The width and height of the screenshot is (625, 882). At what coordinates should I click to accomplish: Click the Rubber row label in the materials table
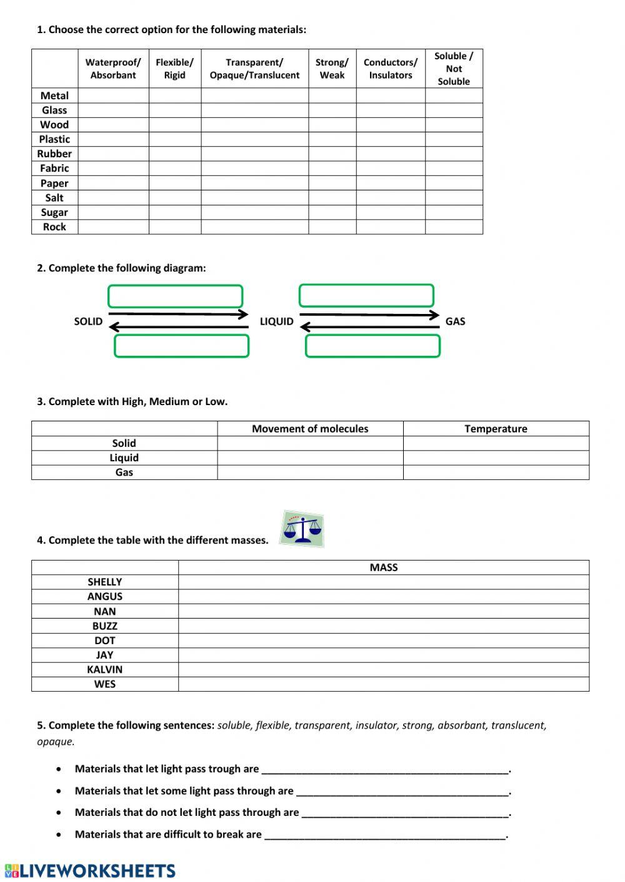tap(54, 154)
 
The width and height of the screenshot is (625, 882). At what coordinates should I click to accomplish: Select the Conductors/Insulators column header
tap(391, 69)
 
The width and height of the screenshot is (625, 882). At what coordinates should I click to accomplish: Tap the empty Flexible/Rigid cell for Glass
tap(174, 110)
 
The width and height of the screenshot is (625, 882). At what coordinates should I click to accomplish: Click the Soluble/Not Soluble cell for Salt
tap(454, 198)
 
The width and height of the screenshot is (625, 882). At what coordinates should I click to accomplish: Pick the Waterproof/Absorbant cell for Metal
tap(113, 96)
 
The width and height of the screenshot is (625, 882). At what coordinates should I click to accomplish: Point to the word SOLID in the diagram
tap(88, 321)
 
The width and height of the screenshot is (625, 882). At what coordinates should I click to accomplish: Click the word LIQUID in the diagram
tap(276, 321)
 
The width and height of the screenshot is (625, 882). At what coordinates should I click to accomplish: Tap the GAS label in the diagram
tap(455, 321)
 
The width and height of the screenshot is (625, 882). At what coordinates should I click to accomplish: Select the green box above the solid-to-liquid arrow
tap(175, 296)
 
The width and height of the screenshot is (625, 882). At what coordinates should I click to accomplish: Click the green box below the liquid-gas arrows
tap(372, 346)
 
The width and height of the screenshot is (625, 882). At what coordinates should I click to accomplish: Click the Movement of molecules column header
tap(310, 429)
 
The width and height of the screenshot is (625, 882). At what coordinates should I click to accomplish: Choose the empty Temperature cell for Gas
tap(496, 473)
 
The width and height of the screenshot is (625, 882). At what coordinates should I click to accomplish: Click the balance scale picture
tap(302, 529)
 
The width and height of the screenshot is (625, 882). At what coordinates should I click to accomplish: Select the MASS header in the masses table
tap(383, 567)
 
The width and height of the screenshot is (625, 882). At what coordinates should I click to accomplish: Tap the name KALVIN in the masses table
tap(104, 670)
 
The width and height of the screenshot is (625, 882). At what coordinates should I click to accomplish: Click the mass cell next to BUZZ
tap(383, 626)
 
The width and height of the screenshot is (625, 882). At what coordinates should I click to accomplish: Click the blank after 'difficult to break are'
tap(384, 835)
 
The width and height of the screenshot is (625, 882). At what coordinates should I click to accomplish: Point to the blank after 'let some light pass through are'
tap(402, 791)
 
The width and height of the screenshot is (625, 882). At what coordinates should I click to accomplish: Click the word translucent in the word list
tap(518, 725)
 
